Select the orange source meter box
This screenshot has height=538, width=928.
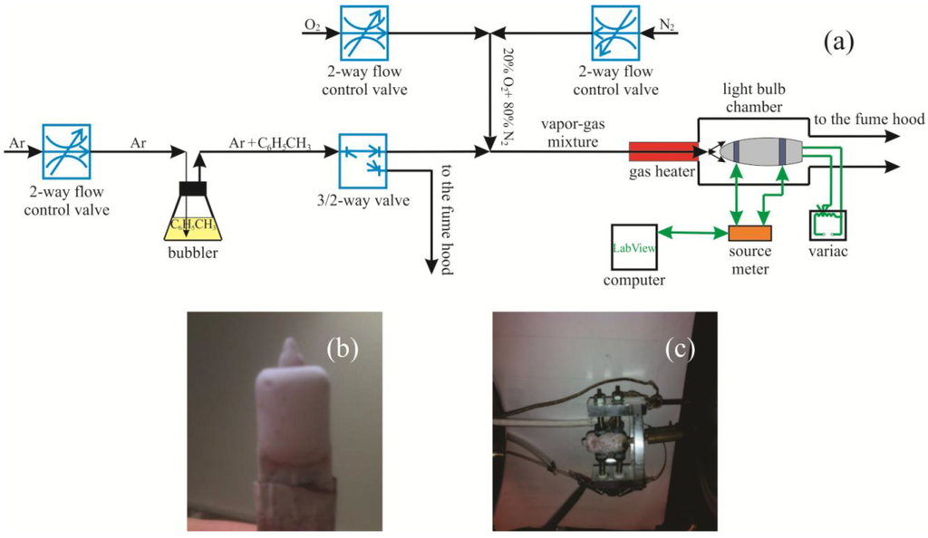[x=749, y=232]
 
